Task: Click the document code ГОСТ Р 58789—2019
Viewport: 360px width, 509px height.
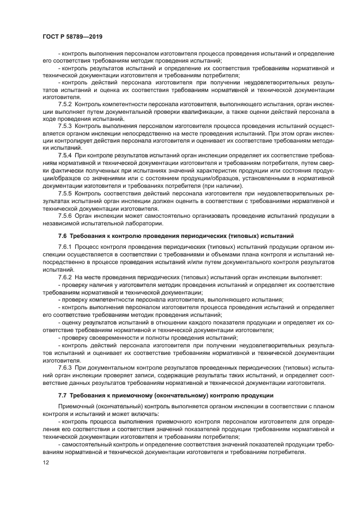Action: click(x=72, y=36)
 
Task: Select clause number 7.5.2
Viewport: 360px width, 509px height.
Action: click(x=65, y=103)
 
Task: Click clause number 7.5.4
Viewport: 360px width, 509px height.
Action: click(x=65, y=155)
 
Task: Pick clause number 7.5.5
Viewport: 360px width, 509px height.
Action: click(x=65, y=193)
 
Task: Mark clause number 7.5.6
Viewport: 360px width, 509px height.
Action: click(x=65, y=215)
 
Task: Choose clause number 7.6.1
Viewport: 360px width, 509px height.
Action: click(x=65, y=247)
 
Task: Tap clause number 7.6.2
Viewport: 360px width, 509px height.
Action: click(x=65, y=277)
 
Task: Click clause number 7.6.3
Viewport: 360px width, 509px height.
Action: click(x=65, y=368)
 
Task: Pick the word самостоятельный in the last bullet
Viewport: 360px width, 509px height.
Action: click(x=89, y=444)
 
